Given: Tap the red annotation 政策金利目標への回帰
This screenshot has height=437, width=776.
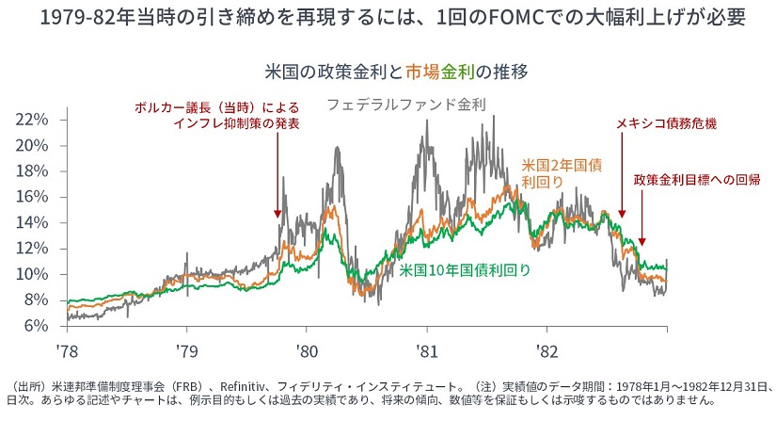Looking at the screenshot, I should click(696, 179).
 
